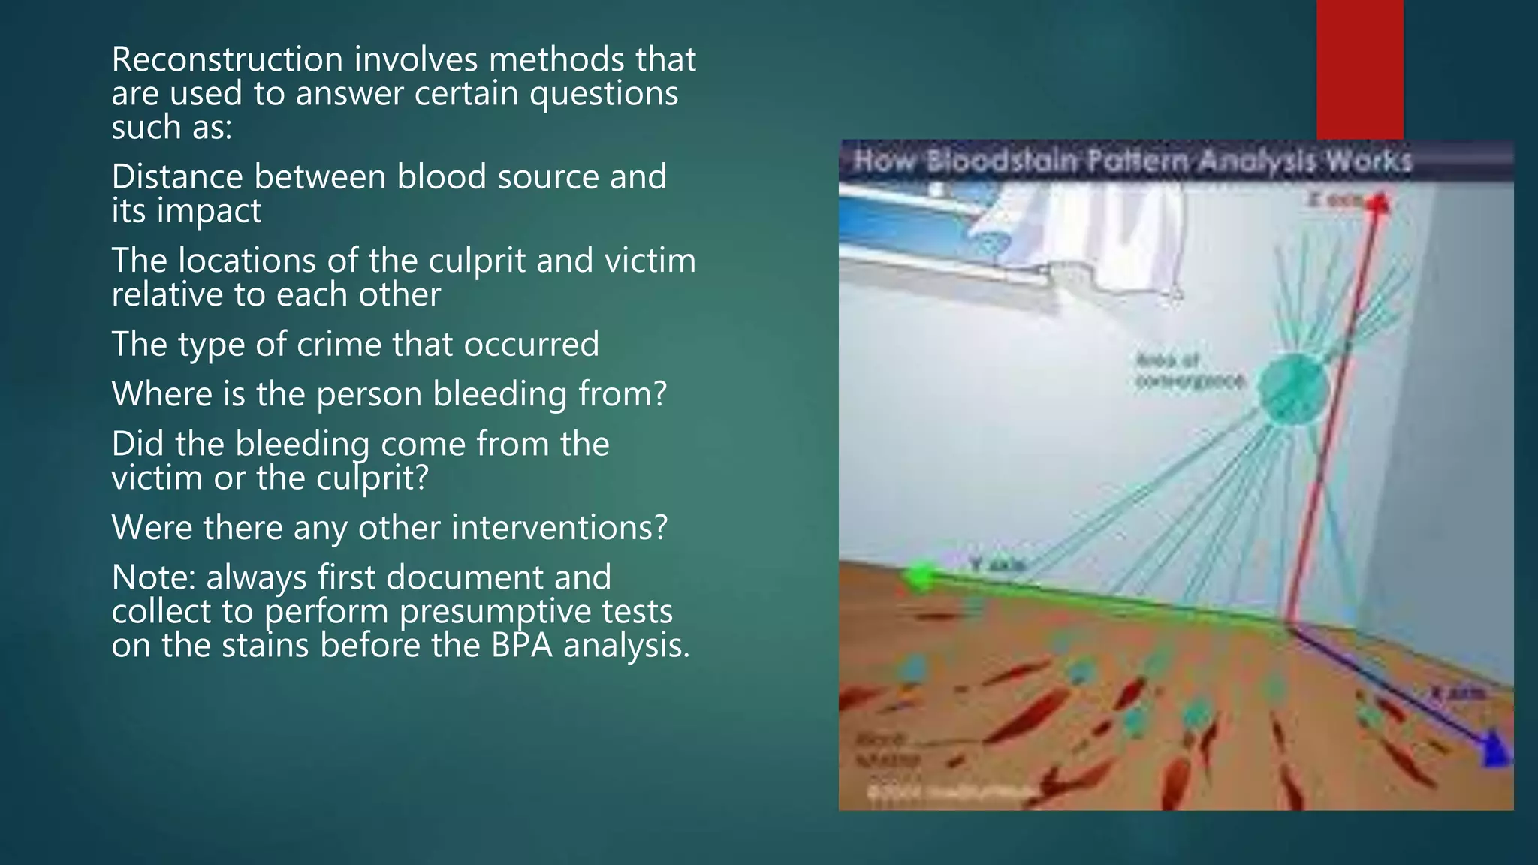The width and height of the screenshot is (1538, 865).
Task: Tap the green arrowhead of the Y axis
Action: coord(918,577)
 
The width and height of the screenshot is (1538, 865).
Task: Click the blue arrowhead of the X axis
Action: coord(1494,751)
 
